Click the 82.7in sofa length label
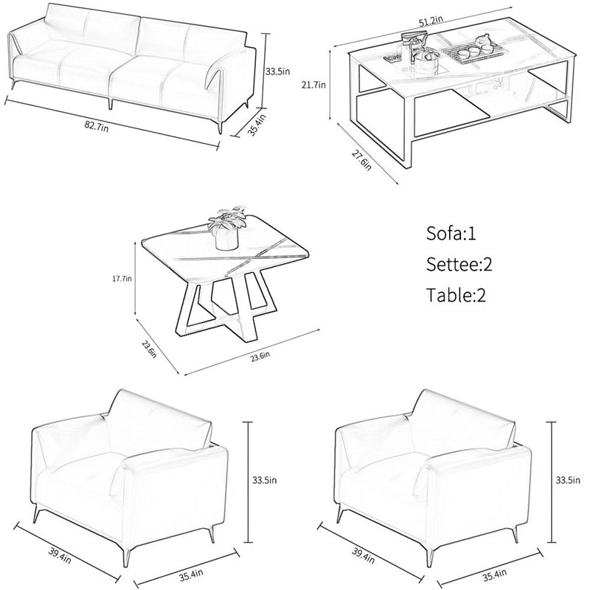coord(97,126)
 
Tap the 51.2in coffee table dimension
coord(431,21)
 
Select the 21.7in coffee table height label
coord(313,85)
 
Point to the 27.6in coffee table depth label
coord(361,160)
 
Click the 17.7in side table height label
coord(122,279)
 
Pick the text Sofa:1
coord(451,233)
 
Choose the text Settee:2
coord(459,265)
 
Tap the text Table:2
coord(456,295)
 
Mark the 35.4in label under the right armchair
coord(495,575)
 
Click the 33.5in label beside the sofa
coord(278,71)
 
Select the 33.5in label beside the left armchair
coord(265,480)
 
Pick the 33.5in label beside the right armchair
coord(568,480)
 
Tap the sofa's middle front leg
coord(111,103)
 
